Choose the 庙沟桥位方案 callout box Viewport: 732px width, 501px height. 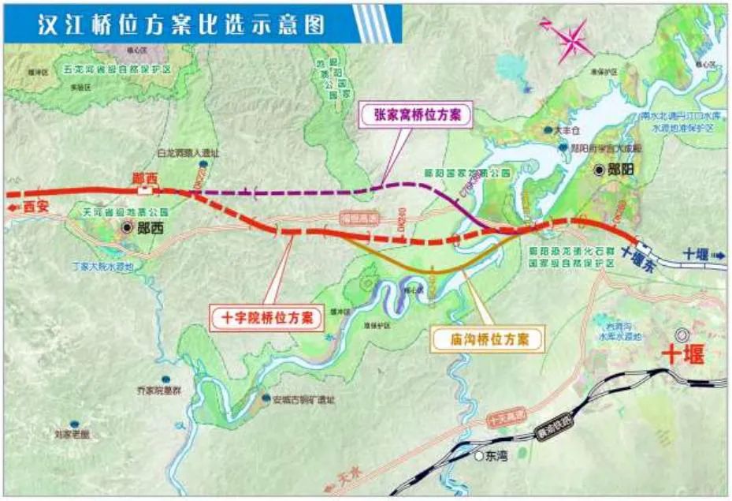(x=487, y=339)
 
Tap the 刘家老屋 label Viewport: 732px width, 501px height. (x=72, y=434)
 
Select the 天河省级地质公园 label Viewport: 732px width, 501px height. (x=126, y=212)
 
